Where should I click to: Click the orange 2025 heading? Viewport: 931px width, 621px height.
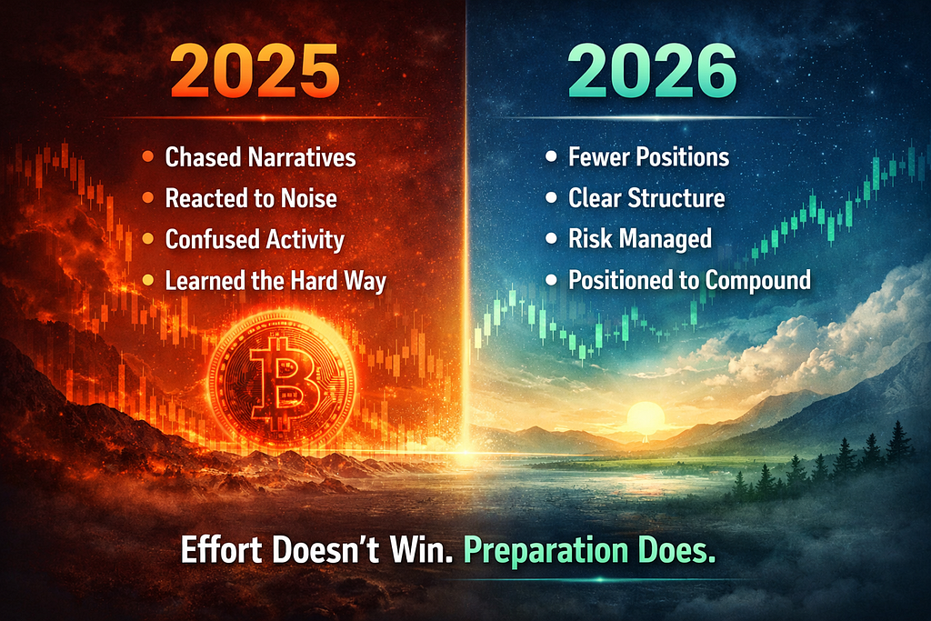pos(255,71)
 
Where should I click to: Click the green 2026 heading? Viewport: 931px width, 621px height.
pos(652,71)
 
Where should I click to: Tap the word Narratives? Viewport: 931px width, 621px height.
pos(302,157)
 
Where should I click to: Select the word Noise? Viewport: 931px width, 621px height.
pos(309,198)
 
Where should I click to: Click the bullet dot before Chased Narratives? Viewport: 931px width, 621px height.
pos(148,157)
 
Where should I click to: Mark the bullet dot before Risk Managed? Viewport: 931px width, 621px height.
pos(552,238)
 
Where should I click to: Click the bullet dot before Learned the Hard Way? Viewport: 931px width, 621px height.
pos(148,280)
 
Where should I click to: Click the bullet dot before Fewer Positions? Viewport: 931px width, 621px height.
pos(552,156)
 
